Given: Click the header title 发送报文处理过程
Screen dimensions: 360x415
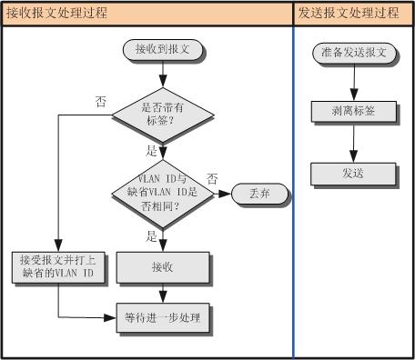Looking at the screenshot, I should tap(349, 14).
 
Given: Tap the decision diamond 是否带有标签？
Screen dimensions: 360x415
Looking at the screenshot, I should tap(163, 114).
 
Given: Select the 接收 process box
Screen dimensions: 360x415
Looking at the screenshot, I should tap(162, 266).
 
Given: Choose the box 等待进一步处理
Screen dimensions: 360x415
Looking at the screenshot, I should tap(162, 318).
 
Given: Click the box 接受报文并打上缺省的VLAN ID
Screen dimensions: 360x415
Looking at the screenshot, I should tap(57, 266).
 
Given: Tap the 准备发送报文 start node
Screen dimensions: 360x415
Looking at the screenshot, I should tap(354, 54).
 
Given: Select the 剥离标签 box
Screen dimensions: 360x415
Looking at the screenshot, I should tap(354, 111).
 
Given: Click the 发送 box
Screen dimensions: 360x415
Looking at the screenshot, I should tap(354, 172).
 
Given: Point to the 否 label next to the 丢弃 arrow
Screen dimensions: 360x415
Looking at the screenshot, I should tap(211, 178).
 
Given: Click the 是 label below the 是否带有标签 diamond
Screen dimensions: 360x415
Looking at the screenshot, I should tap(152, 150).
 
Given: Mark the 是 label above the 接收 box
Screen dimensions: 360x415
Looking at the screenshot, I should tap(152, 235).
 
